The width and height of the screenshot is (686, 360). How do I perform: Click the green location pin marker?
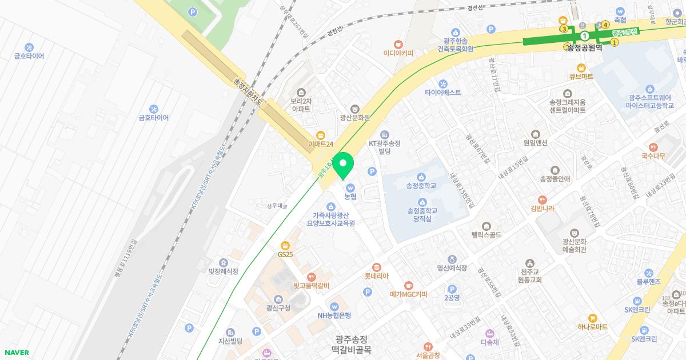pyautogui.click(x=343, y=166)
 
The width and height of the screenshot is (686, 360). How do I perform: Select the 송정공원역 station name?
pyautogui.click(x=584, y=49)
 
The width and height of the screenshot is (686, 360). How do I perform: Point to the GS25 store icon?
pyautogui.click(x=285, y=245)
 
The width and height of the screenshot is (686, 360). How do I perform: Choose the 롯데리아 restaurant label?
pyautogui.click(x=376, y=276)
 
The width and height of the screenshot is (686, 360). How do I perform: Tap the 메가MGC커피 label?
pyautogui.click(x=408, y=294)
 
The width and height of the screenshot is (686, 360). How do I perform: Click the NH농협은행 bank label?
pyautogui.click(x=334, y=315)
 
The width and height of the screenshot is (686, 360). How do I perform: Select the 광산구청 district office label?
pyautogui.click(x=278, y=308)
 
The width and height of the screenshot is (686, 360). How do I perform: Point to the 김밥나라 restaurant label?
pyautogui.click(x=542, y=209)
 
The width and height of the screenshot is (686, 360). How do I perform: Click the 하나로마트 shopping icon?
pyautogui.click(x=592, y=317)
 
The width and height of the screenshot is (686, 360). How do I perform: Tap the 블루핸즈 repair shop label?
pyautogui.click(x=648, y=282)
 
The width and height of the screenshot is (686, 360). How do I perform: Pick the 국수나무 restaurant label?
pyautogui.click(x=653, y=155)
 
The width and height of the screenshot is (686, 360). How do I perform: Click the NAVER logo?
pyautogui.click(x=15, y=353)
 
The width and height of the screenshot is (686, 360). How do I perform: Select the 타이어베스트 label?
pyautogui.click(x=442, y=92)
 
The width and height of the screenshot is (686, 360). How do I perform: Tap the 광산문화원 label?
pyautogui.click(x=354, y=118)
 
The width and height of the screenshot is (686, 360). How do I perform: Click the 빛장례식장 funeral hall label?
pyautogui.click(x=223, y=271)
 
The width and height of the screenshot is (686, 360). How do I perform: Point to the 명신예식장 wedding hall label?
pyautogui.click(x=452, y=267)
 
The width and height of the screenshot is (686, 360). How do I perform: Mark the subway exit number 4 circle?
pyautogui.click(x=605, y=25)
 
